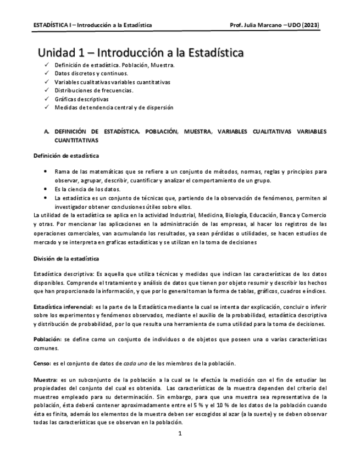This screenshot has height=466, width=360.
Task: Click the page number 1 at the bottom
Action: (x=180, y=434)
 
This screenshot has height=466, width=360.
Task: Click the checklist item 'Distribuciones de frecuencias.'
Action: (x=94, y=90)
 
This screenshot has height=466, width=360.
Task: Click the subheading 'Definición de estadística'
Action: (x=67, y=156)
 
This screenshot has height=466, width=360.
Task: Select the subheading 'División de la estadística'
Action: (x=67, y=258)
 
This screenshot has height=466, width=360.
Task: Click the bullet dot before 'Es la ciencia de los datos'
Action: (x=45, y=189)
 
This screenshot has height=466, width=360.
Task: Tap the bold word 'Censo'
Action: (x=42, y=364)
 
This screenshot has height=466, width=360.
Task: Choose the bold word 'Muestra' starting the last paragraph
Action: (x=46, y=380)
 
